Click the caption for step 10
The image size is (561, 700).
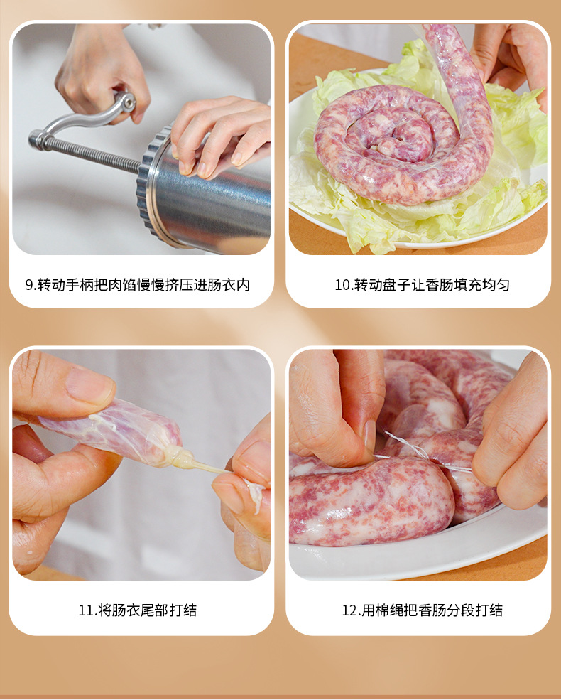(422, 285)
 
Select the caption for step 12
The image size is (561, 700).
(422, 610)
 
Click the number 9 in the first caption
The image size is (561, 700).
(29, 285)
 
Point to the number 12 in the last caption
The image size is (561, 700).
(349, 610)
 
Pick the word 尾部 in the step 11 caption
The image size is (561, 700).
(156, 610)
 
